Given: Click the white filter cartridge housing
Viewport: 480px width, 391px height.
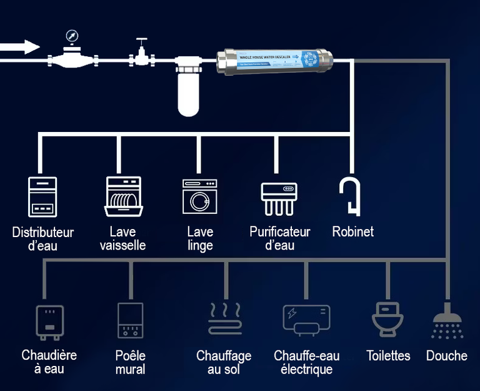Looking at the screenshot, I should point(187,91).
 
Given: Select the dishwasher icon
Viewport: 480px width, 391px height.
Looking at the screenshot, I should point(123,196).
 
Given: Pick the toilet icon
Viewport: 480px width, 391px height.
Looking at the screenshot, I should point(386,319).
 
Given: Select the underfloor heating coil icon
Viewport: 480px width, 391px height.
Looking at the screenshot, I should point(224,319).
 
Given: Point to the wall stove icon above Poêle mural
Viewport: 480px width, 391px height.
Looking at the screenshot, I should point(130,320).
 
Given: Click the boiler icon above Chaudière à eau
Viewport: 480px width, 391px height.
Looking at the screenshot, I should point(49,322).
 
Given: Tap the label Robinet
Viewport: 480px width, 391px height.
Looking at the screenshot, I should point(352,231).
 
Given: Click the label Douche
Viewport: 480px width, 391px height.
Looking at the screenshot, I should point(446,356).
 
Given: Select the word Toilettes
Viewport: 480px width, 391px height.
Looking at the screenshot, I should point(388,356).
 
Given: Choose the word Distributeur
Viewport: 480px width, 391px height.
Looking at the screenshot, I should point(42,232).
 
